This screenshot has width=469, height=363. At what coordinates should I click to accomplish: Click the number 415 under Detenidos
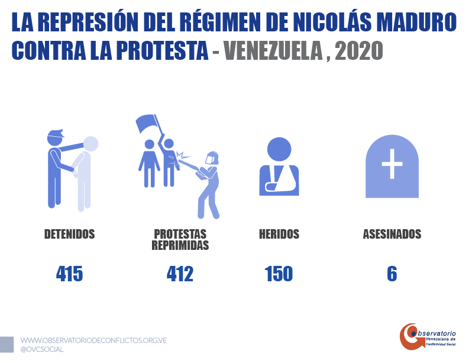coord(70,274)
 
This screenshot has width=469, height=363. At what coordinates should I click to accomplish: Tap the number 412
coord(180,274)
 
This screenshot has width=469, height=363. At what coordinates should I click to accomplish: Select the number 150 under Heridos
coord(279,274)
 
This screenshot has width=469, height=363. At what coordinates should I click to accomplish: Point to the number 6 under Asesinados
coord(392,274)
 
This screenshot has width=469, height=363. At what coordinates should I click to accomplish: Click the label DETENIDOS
coord(70,234)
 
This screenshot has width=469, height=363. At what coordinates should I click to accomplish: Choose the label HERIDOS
coord(279,234)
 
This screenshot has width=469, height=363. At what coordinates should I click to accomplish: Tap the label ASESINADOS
coord(392,234)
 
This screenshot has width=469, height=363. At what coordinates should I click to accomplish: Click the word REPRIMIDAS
coord(180,245)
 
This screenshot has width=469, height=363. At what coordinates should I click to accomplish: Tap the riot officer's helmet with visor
coord(211,159)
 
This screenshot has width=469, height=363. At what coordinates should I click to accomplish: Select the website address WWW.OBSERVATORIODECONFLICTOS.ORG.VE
coord(93,340)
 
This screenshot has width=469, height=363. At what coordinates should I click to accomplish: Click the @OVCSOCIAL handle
coord(42,349)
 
